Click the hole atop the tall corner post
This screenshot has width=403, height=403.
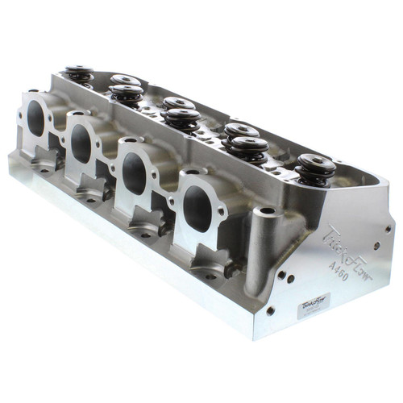(265, 212)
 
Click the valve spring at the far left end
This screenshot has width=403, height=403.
(79, 73)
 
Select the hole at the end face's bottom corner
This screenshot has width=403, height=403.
(270, 310)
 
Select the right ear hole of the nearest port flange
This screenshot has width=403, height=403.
(221, 211)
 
